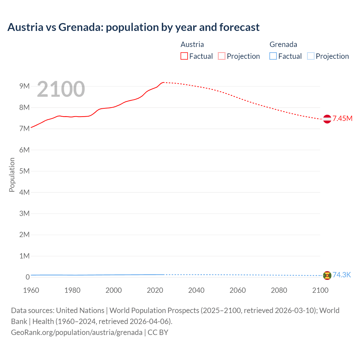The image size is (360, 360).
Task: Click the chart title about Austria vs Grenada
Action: coord(133,27)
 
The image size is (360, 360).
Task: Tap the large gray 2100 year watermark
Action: coord(61,89)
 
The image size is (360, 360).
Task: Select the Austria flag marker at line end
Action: coord(327,119)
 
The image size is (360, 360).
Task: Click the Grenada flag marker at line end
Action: coord(327,275)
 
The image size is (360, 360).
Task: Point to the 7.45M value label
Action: coord(342,118)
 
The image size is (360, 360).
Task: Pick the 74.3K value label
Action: coord(342,275)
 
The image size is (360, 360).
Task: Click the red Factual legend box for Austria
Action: coord(184,56)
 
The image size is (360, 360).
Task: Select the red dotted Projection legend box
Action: coord(222,56)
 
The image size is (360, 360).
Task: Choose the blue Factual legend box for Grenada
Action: coord(273,56)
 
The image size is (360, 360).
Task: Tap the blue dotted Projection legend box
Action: coord(310,56)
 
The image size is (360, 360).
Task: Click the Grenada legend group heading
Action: coord(283,44)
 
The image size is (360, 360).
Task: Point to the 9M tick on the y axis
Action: coord(24,86)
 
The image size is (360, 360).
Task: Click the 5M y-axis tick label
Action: coord(24,171)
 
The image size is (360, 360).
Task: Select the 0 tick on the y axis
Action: coord(28,277)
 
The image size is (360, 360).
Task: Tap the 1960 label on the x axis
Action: coord(31,290)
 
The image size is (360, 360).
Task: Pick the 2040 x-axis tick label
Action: coord(196,290)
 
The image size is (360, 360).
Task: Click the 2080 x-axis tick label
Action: coord(279,290)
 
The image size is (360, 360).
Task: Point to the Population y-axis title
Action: coord(12,175)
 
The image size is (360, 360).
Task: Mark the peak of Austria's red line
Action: coord(163,82)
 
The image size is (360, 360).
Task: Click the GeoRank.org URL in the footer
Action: coord(76,332)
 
